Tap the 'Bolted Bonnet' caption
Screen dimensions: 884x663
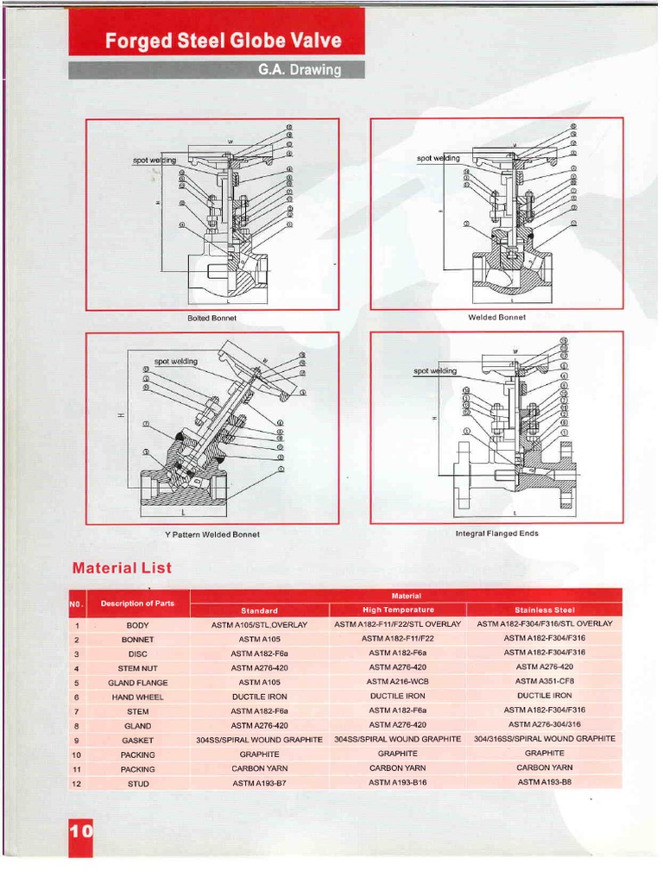pyautogui.click(x=212, y=319)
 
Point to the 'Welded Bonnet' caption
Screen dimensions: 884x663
pyautogui.click(x=496, y=318)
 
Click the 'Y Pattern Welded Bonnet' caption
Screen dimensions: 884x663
pyautogui.click(x=212, y=534)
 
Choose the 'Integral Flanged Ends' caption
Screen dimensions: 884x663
pyautogui.click(x=496, y=534)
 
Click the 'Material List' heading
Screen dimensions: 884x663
pyautogui.click(x=122, y=568)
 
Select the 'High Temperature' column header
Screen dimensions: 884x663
pyautogui.click(x=398, y=609)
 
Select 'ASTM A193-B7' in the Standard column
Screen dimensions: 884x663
pyautogui.click(x=259, y=784)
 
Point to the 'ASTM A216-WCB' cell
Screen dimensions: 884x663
pyautogui.click(x=398, y=682)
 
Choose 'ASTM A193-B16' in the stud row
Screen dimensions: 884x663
pyautogui.click(x=398, y=783)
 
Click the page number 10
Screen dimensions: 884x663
pyautogui.click(x=80, y=832)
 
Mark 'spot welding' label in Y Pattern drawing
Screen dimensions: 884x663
pyautogui.click(x=175, y=361)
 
